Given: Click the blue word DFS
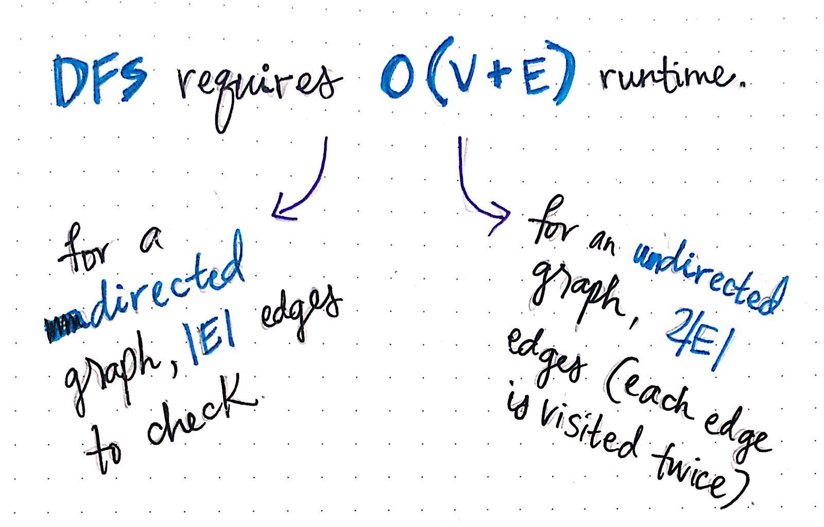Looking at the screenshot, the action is (x=99, y=81).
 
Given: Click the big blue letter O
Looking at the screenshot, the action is (x=397, y=77).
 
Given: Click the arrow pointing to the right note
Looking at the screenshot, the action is (x=474, y=195).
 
